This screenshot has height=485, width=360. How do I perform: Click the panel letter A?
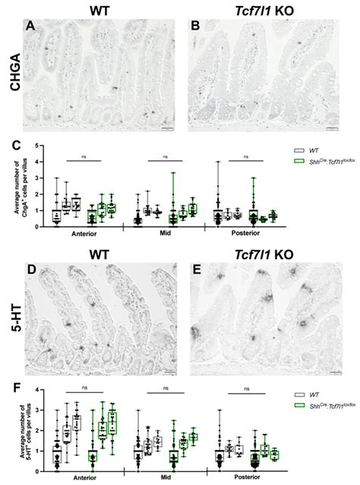30,27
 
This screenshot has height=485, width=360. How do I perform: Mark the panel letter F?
30,387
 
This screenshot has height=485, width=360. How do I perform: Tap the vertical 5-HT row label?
13,317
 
